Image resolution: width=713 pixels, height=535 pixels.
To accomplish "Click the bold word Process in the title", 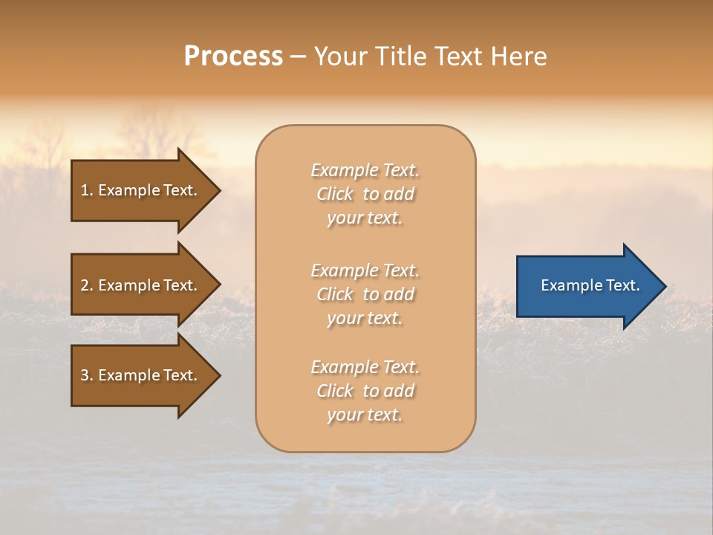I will (x=233, y=56).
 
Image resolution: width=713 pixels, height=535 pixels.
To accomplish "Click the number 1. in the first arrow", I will (x=87, y=190).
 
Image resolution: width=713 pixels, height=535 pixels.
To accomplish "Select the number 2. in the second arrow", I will (x=87, y=285).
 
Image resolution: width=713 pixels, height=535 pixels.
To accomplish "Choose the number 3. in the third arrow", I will (x=87, y=375).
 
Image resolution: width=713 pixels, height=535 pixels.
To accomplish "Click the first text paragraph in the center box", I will (x=365, y=194).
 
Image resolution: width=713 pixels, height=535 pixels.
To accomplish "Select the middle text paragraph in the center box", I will (x=365, y=294).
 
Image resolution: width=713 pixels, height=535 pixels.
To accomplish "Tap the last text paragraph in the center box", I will (x=365, y=391).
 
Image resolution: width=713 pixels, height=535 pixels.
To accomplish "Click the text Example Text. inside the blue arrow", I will (x=590, y=285).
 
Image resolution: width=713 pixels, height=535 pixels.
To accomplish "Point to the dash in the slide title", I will (x=298, y=57).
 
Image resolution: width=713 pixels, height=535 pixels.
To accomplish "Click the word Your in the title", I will (x=340, y=56).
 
